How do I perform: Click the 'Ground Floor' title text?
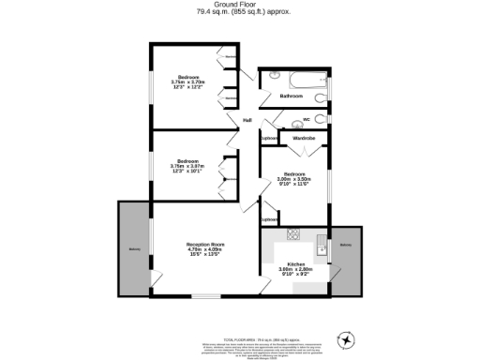point(241,5)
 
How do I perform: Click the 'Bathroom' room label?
point(291,96)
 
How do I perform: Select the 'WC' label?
point(306,119)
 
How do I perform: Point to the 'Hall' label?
point(247,120)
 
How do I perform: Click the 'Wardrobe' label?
point(304,139)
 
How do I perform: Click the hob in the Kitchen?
point(293,234)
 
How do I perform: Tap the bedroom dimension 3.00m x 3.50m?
point(294,179)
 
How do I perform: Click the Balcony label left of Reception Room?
point(135,248)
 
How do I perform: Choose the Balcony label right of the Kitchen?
point(346,246)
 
